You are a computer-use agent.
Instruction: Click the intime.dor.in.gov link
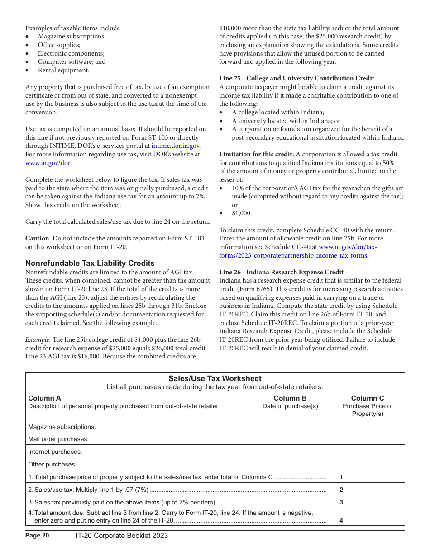click(175, 146)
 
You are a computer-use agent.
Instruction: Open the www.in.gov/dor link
click(48, 163)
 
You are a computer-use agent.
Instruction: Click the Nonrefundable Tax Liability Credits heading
click(90, 263)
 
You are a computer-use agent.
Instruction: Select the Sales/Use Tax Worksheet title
click(215, 378)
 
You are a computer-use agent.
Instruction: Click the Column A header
click(44, 398)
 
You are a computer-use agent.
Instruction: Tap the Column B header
click(290, 398)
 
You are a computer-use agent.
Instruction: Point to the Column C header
click(368, 398)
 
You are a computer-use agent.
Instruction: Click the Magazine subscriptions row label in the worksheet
click(62, 427)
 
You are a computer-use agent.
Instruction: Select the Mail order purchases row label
click(58, 439)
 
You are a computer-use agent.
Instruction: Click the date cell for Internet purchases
click(290, 451)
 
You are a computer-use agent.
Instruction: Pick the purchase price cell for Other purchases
click(368, 464)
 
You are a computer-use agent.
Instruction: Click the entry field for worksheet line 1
click(375, 476)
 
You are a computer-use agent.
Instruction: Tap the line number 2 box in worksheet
click(341, 489)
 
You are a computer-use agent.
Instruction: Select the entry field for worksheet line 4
click(375, 517)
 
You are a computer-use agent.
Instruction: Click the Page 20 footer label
click(37, 536)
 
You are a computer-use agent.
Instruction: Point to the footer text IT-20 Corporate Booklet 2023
click(122, 536)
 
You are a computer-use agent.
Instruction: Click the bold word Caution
click(38, 238)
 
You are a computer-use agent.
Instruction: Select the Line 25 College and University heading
click(296, 78)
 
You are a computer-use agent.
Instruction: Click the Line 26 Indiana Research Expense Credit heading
click(281, 272)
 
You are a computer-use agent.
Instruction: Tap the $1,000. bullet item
click(242, 213)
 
